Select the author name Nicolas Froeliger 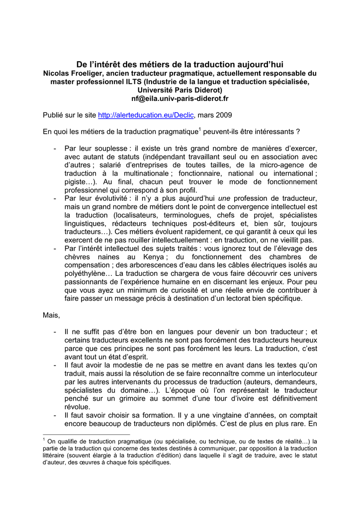[75, 73]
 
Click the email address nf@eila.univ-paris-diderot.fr [180, 98]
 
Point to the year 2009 [224, 115]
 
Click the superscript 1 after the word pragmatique [199, 130]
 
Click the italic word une [225, 199]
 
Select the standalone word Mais [51, 316]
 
